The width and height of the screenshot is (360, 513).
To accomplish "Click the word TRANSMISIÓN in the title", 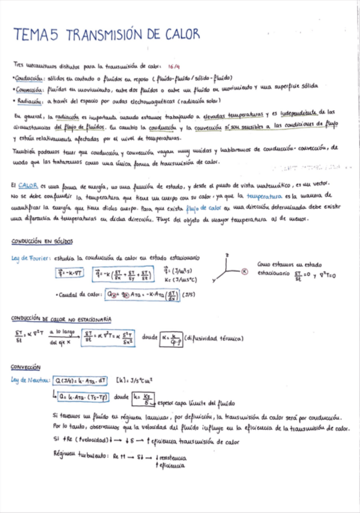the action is [x=106, y=35].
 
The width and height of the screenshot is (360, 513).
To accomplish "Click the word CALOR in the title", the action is [x=182, y=35].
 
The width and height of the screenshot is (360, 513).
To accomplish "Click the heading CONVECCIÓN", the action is [x=25, y=367].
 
